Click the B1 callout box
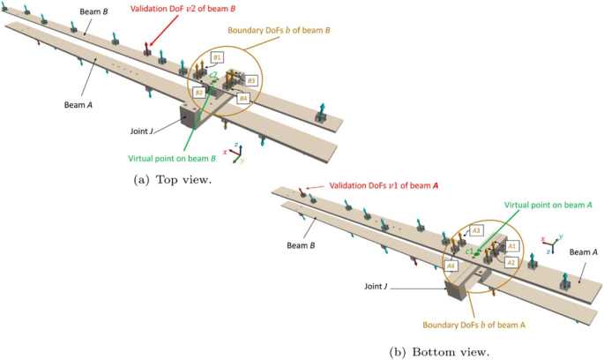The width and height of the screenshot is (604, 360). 218,57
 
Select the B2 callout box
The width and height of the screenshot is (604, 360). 200,92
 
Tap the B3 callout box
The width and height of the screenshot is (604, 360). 252,81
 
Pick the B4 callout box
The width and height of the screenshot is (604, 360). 242,99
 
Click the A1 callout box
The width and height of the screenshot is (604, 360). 512,246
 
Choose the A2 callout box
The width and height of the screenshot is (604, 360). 511,262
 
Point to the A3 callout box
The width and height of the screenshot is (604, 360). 475,230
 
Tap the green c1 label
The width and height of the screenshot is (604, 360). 470,252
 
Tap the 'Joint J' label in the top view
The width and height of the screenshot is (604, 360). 139,131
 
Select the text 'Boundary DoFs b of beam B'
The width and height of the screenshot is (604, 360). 278,30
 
